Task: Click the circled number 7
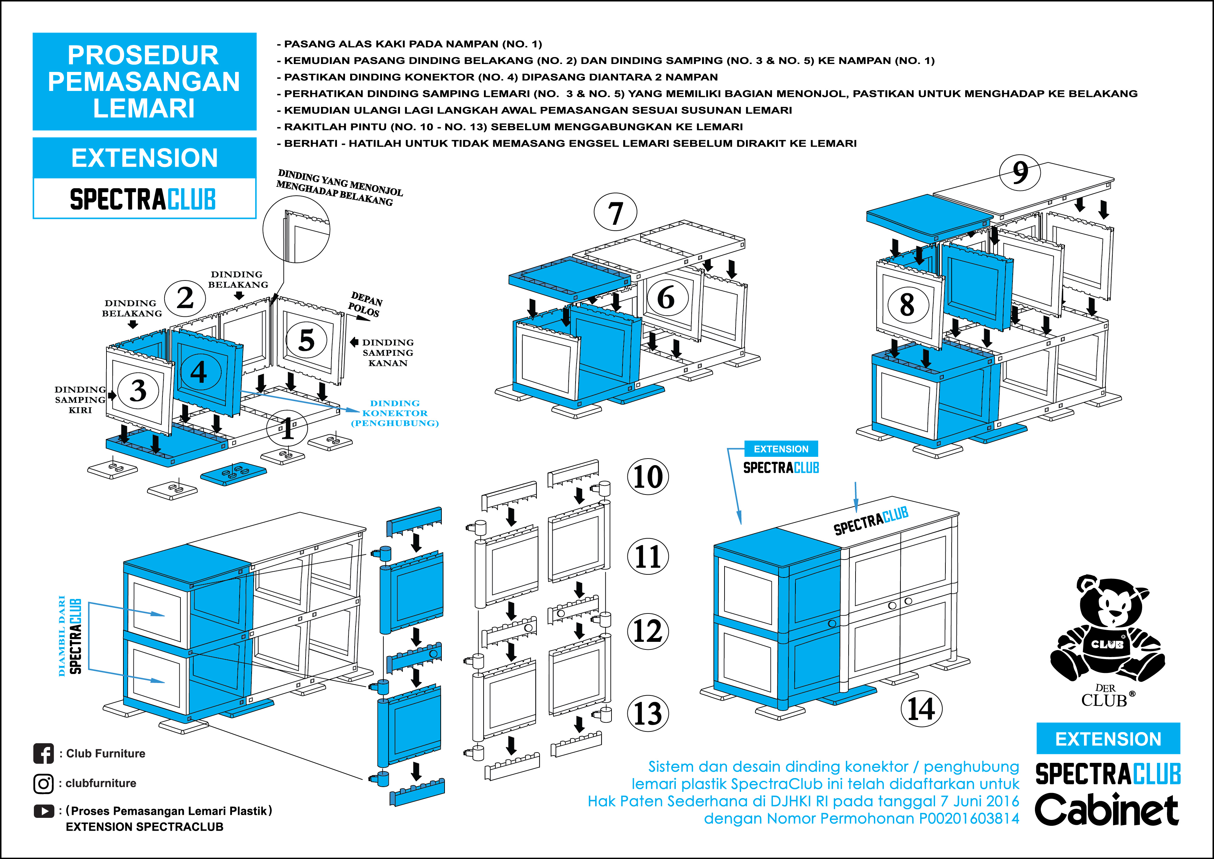[x=615, y=213]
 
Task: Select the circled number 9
[x=1019, y=173]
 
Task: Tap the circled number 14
[x=921, y=709]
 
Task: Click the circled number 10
[x=648, y=477]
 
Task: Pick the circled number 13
[x=648, y=713]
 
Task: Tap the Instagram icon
[x=43, y=783]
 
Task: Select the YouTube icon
[x=43, y=811]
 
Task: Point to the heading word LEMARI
[x=144, y=109]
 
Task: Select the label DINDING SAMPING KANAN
[x=387, y=353]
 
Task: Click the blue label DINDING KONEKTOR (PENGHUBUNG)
[x=395, y=413]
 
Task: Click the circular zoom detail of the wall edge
[x=296, y=229]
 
